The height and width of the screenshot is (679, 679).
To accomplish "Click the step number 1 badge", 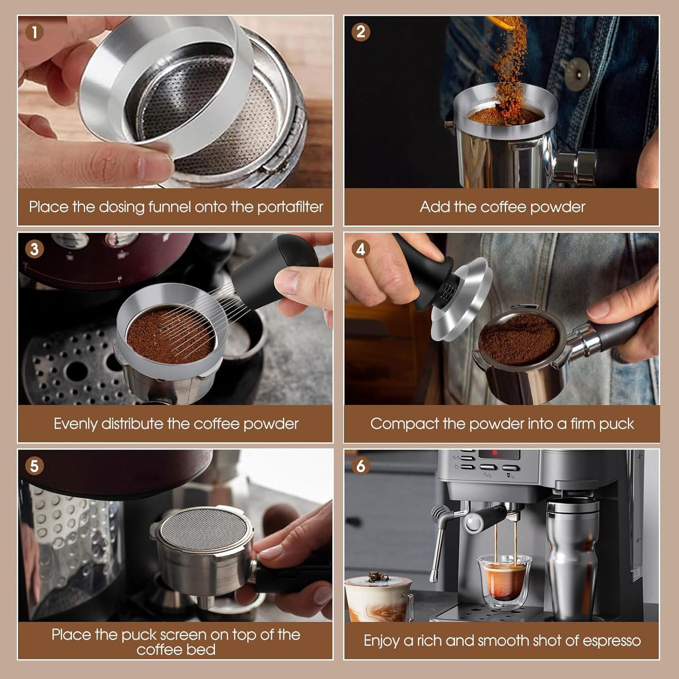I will [34, 32].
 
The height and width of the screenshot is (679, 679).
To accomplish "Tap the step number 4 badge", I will [360, 249].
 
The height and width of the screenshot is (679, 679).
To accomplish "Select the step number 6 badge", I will [360, 466].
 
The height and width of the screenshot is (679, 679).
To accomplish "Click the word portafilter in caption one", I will [290, 207].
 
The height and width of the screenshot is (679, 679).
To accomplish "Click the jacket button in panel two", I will [577, 74].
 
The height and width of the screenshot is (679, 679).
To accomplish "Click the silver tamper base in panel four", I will [463, 301].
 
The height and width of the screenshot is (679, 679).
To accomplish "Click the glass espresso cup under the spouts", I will [505, 578].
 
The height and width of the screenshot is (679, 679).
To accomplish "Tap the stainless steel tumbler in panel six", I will [572, 559].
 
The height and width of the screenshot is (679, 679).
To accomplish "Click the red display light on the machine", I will [494, 453].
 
